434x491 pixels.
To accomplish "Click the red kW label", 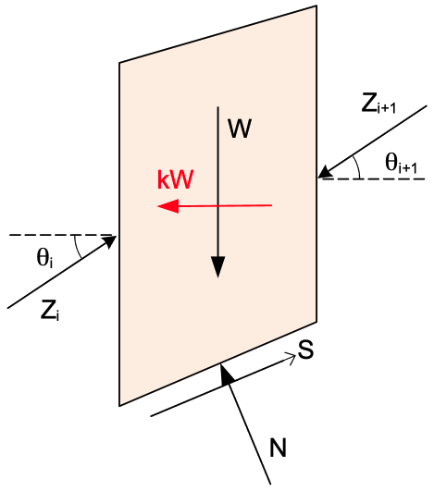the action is tap(176, 179).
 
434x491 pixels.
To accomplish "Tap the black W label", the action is tap(240, 129).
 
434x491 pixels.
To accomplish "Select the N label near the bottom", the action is tap(278, 448).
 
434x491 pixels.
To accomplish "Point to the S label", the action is tap(305, 350).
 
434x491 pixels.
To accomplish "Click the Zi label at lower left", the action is tap(50, 310).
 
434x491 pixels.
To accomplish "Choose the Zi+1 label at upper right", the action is tap(378, 104).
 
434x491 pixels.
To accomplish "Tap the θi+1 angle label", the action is tap(401, 164).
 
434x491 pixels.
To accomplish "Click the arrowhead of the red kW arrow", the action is tap(168, 206).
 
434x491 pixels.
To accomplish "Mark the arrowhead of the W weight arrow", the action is tap(217, 267).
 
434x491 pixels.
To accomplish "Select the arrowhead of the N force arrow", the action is tap(226, 374).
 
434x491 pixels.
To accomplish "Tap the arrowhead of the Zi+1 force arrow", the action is tap(325, 172).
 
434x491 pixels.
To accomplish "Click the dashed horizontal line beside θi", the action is tap(61, 235).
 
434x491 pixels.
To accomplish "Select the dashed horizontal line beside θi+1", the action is tap(374, 178).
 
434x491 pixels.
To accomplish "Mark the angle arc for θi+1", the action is tap(357, 166).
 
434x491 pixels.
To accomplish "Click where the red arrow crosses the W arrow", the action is tap(218, 205).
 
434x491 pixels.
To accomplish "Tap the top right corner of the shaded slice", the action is tap(316, 6).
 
